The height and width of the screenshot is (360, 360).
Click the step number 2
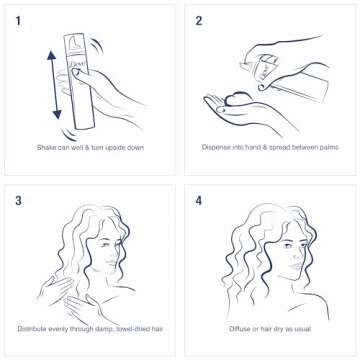pos(200,19)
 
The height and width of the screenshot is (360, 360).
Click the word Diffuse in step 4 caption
pos(240,327)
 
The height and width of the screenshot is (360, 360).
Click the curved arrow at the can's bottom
pos(72,131)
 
